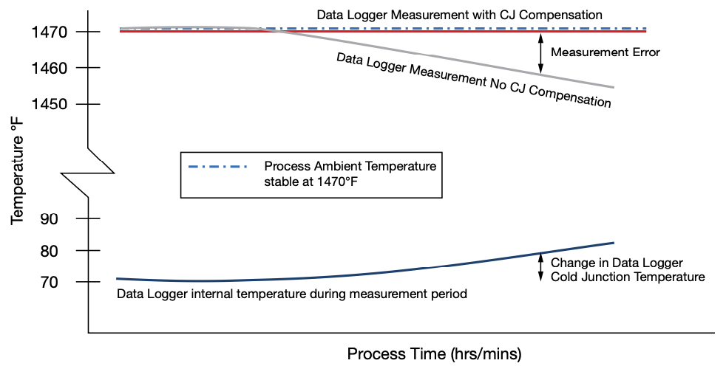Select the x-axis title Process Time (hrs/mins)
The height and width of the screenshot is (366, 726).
(434, 353)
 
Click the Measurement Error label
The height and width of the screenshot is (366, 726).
(605, 52)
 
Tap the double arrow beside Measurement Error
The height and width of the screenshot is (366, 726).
(540, 53)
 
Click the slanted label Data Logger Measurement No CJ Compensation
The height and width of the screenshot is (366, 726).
(473, 80)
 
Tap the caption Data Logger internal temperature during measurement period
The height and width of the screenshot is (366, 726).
(292, 294)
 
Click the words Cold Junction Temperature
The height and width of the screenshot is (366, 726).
(628, 277)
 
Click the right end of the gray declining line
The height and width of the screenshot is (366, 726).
(613, 87)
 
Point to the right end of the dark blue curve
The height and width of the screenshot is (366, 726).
(613, 243)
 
